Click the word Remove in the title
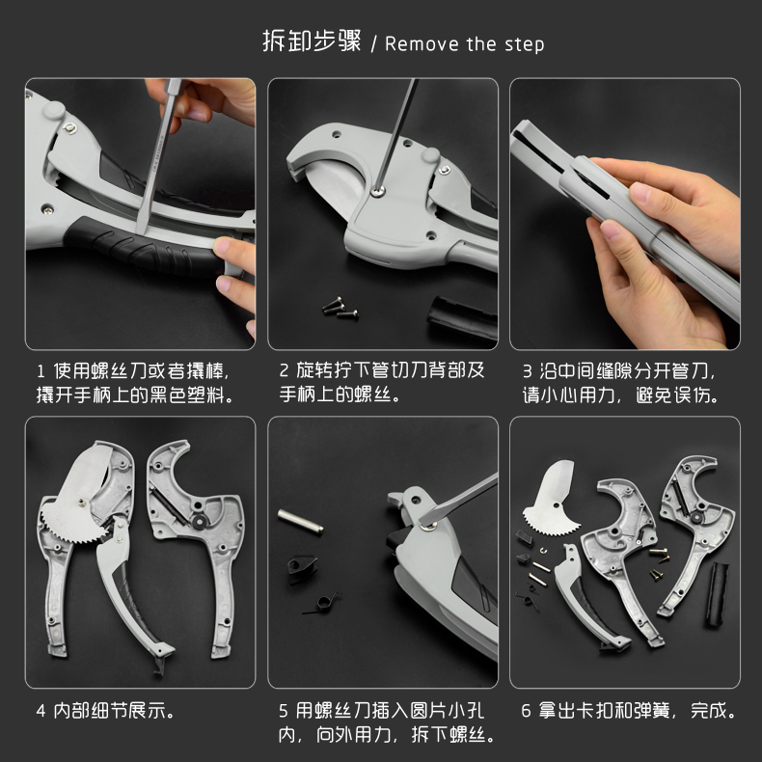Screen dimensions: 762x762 [422, 44]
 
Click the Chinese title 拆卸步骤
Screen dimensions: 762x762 [312, 41]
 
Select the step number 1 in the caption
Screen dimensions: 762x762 [41, 371]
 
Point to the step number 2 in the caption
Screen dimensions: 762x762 [285, 370]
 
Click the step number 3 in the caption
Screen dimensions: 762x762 [528, 371]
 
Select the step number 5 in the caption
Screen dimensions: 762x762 [284, 712]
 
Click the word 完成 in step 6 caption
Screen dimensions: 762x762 [709, 711]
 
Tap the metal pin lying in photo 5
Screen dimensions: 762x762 [300, 522]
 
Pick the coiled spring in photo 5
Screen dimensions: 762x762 [322, 604]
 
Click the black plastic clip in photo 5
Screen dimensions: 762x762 [301, 568]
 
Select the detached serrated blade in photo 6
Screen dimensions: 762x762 [552, 501]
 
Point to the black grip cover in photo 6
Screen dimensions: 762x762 [718, 593]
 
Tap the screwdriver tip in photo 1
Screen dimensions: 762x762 [141, 229]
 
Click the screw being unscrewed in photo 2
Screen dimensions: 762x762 [377, 192]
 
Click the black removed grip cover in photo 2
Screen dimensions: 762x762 [463, 318]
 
